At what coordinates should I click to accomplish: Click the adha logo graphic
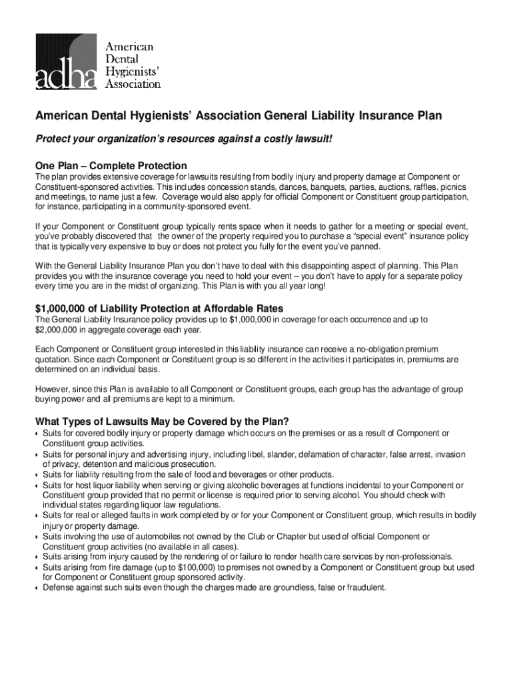(x=67, y=59)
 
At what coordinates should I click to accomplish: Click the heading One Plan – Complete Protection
(x=111, y=165)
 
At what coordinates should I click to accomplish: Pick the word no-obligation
(x=380, y=350)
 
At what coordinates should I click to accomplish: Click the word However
(x=53, y=389)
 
